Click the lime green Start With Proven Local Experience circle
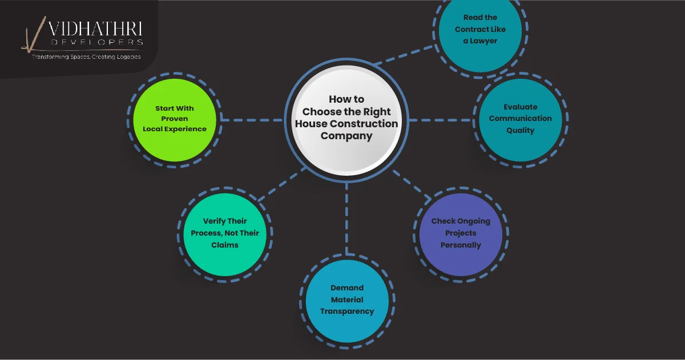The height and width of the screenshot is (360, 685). [175, 119]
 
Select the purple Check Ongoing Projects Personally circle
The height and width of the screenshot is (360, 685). [461, 234]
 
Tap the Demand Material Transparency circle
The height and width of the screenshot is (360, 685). [347, 301]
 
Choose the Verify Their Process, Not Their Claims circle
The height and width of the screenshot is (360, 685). [225, 233]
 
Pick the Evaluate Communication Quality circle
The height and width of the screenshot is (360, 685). [520, 119]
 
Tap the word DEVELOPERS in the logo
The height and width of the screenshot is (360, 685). [96, 42]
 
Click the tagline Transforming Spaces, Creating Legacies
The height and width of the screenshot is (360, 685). [86, 57]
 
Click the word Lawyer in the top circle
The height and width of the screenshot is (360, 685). [484, 41]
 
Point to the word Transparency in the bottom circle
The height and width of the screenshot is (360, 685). [347, 312]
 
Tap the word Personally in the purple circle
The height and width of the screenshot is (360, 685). [461, 245]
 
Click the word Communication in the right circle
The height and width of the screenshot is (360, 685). [520, 119]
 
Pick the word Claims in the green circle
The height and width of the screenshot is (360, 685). [224, 245]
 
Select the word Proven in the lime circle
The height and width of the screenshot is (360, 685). [174, 119]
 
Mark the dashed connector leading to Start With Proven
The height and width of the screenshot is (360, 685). [251, 120]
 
